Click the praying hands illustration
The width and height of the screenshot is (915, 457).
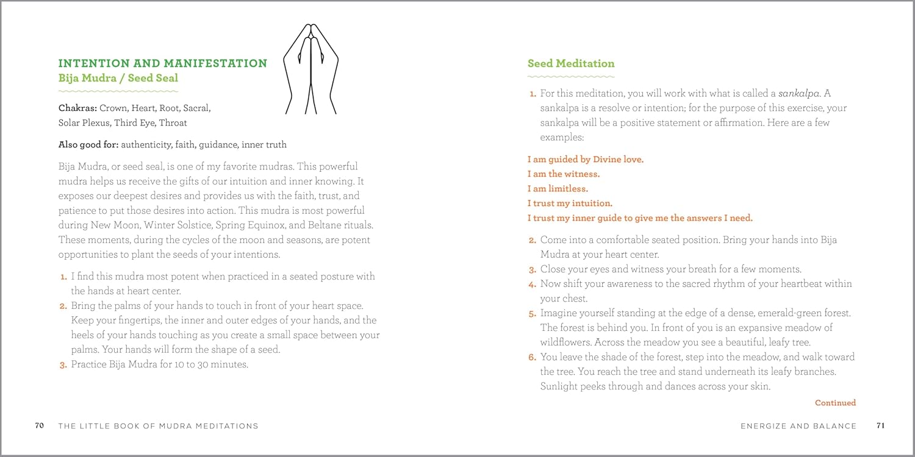311,68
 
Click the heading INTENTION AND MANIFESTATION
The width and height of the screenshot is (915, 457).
163,63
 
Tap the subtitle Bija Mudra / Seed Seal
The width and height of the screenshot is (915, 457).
118,78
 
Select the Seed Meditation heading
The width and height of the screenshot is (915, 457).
571,63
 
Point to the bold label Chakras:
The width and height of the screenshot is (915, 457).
77,108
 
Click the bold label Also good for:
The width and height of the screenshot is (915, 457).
88,145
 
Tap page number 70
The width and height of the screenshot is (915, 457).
39,426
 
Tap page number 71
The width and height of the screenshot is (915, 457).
880,426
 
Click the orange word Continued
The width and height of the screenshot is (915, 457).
835,403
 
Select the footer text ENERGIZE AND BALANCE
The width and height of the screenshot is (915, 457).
798,426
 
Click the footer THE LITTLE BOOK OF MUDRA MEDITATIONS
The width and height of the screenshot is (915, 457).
158,426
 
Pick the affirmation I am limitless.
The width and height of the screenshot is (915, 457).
558,189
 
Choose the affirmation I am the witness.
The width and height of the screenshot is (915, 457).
564,174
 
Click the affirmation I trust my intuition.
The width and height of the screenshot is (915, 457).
570,204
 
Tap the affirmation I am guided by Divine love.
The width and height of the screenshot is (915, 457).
586,160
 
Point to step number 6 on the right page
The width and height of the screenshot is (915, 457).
532,358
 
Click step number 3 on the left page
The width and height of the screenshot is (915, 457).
63,366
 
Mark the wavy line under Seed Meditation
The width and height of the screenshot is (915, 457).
571,77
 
